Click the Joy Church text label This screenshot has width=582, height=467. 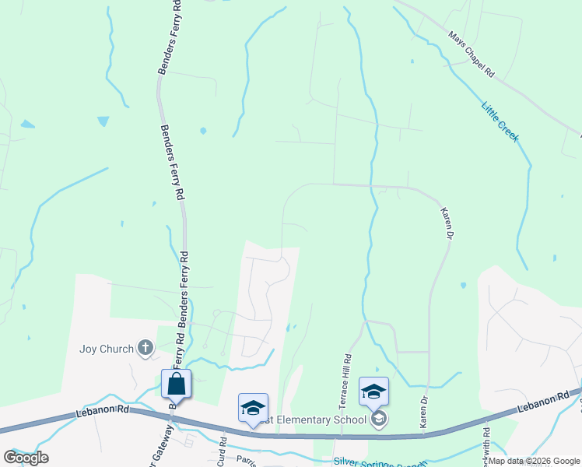(107, 349)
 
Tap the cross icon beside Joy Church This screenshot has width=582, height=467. (145, 349)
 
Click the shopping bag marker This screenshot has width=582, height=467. (176, 384)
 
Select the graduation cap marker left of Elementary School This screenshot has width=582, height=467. (254, 408)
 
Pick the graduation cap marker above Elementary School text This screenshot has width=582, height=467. (373, 392)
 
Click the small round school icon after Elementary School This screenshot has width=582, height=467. (379, 420)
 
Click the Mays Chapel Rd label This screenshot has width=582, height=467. (472, 54)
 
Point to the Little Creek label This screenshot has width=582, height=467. (500, 121)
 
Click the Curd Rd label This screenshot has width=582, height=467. (222, 455)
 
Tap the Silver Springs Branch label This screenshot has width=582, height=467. (380, 461)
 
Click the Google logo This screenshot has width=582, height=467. (26, 458)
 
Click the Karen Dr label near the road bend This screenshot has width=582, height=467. (446, 222)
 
